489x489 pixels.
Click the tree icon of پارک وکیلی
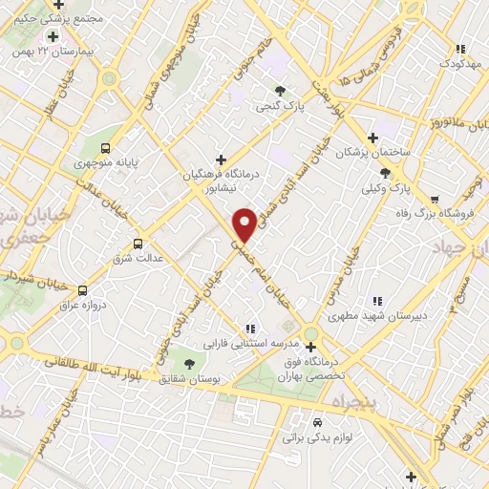(x=385, y=172)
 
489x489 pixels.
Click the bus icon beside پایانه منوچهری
(x=106, y=148)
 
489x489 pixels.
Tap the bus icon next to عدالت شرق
(x=139, y=244)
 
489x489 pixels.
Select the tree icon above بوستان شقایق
(x=188, y=363)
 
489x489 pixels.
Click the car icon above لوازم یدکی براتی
(x=316, y=421)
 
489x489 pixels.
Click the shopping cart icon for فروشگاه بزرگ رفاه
(x=436, y=200)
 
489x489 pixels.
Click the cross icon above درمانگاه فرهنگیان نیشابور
(x=222, y=159)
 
